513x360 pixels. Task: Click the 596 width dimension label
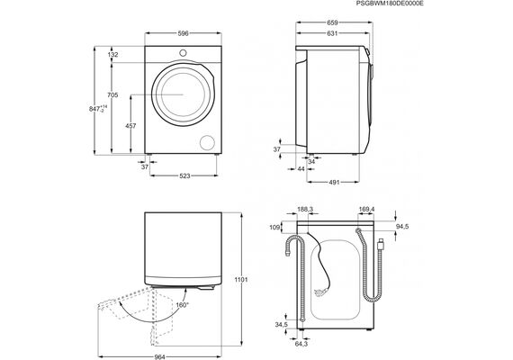tap(184, 33)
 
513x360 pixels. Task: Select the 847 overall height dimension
tap(98, 109)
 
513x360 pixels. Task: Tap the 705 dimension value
tap(112, 95)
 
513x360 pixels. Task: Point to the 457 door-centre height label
tap(130, 126)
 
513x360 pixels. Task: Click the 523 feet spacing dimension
tap(184, 176)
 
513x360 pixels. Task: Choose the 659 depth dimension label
tap(332, 22)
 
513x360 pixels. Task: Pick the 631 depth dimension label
tap(332, 33)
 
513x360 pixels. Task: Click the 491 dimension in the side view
tap(334, 183)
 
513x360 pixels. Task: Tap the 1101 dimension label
tap(241, 280)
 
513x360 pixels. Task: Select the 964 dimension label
tap(159, 356)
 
